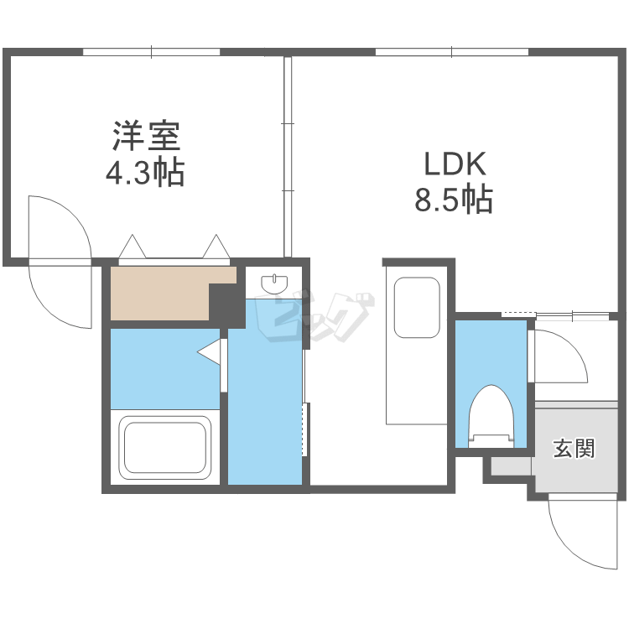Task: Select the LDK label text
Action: pos(453,163)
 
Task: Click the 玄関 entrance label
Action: pos(574,449)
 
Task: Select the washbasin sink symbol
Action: pos(275,284)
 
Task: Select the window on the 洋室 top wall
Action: pos(152,52)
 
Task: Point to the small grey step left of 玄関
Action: pos(507,466)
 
